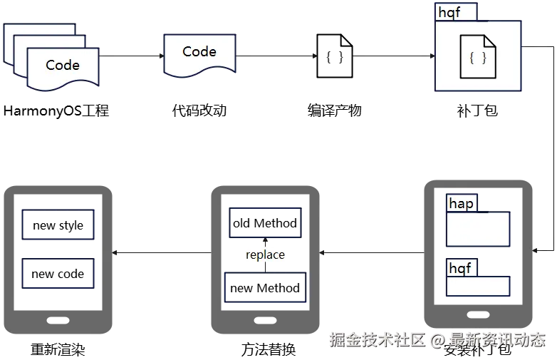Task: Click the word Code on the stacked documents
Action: click(x=63, y=65)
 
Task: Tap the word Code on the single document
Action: click(x=199, y=51)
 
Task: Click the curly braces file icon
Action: click(x=478, y=58)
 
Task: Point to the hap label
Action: click(x=462, y=204)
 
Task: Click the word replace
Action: click(x=265, y=254)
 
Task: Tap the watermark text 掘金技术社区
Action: click(x=376, y=339)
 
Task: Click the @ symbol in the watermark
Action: click(x=438, y=340)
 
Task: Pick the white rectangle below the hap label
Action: click(x=478, y=229)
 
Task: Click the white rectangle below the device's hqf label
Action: click(x=478, y=286)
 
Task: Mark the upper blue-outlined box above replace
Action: click(x=264, y=223)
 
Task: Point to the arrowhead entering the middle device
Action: click(x=322, y=252)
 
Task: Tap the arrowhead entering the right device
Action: click(x=536, y=250)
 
